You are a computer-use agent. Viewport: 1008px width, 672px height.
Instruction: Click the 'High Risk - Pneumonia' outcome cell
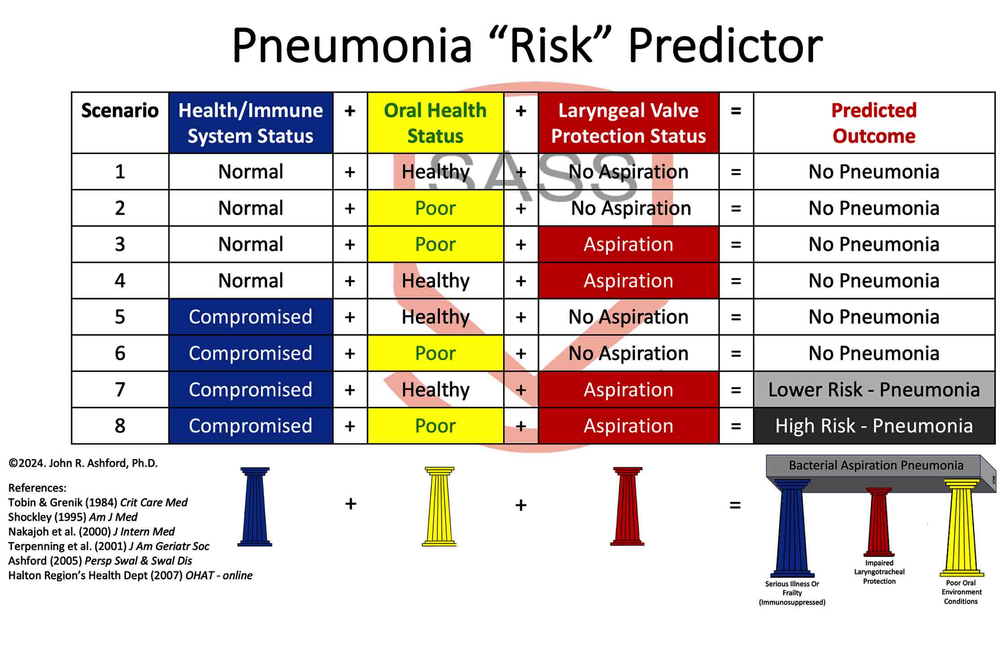[x=874, y=426]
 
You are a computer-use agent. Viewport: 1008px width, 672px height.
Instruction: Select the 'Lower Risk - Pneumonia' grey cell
[x=874, y=389]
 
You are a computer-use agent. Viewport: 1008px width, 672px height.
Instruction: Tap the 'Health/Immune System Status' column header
[x=251, y=123]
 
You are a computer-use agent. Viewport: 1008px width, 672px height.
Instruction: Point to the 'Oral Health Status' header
[x=435, y=123]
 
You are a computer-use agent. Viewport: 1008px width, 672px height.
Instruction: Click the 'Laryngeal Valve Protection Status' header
[x=629, y=123]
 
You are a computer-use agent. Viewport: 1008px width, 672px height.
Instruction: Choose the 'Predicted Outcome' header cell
[x=874, y=123]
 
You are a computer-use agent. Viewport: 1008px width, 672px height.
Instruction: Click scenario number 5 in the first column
[x=120, y=317]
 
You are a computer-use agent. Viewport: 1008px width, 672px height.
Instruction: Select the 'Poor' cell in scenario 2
[x=435, y=208]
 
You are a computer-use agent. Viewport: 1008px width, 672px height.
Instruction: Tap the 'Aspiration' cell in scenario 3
[x=629, y=244]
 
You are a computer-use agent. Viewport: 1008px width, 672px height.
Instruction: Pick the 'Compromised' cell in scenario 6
[x=251, y=353]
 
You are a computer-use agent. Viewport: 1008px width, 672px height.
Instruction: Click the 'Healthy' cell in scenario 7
[x=435, y=389]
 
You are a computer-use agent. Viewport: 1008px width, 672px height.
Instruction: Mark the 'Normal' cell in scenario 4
[x=251, y=280]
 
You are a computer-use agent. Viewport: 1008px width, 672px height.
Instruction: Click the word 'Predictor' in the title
[x=725, y=45]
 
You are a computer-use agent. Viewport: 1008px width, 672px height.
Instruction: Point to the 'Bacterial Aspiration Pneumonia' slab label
[x=876, y=465]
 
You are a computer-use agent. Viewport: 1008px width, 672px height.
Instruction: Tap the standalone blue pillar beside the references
[x=255, y=507]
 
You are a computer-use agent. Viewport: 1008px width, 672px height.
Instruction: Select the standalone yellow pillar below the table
[x=439, y=507]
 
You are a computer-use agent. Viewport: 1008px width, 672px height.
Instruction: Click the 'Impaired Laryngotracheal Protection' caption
[x=879, y=572]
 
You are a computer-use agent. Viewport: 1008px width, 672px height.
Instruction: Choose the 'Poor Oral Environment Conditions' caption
[x=961, y=592]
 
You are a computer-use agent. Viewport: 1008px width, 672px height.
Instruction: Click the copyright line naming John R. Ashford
[x=83, y=463]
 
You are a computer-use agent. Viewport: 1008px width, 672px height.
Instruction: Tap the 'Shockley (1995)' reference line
[x=73, y=517]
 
